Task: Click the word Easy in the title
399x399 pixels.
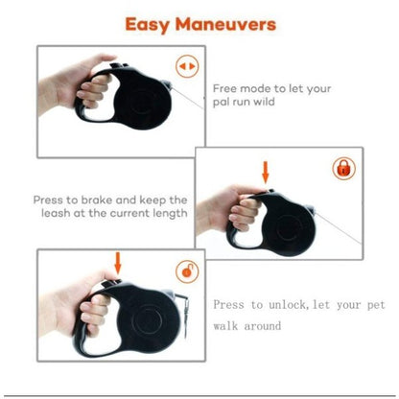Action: click(147, 25)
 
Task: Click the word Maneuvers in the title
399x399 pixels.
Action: click(225, 24)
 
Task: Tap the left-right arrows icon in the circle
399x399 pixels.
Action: click(187, 66)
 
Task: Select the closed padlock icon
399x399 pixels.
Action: click(343, 169)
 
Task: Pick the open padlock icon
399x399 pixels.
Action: click(187, 271)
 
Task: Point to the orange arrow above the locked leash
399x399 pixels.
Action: click(266, 173)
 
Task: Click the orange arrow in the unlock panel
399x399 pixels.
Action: click(118, 264)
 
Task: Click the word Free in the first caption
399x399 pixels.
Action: click(225, 88)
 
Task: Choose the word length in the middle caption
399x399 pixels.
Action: click(170, 214)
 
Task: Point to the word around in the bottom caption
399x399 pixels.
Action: click(263, 326)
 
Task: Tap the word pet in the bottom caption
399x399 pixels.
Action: click(376, 306)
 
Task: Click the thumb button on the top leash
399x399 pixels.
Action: click(119, 66)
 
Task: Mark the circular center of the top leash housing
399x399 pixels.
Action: click(142, 101)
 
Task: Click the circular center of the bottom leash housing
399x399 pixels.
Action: click(148, 320)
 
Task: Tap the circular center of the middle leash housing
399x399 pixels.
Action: click(289, 228)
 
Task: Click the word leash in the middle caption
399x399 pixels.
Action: click(56, 213)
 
